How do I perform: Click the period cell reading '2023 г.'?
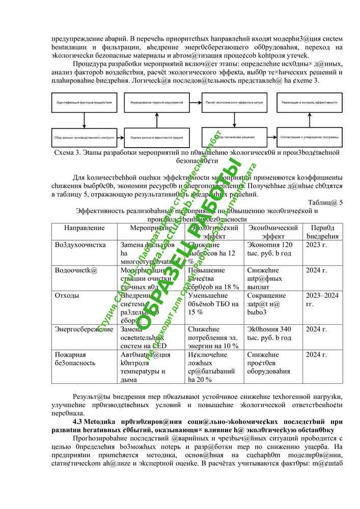tap(316, 245)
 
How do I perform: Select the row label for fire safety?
tap(75, 359)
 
